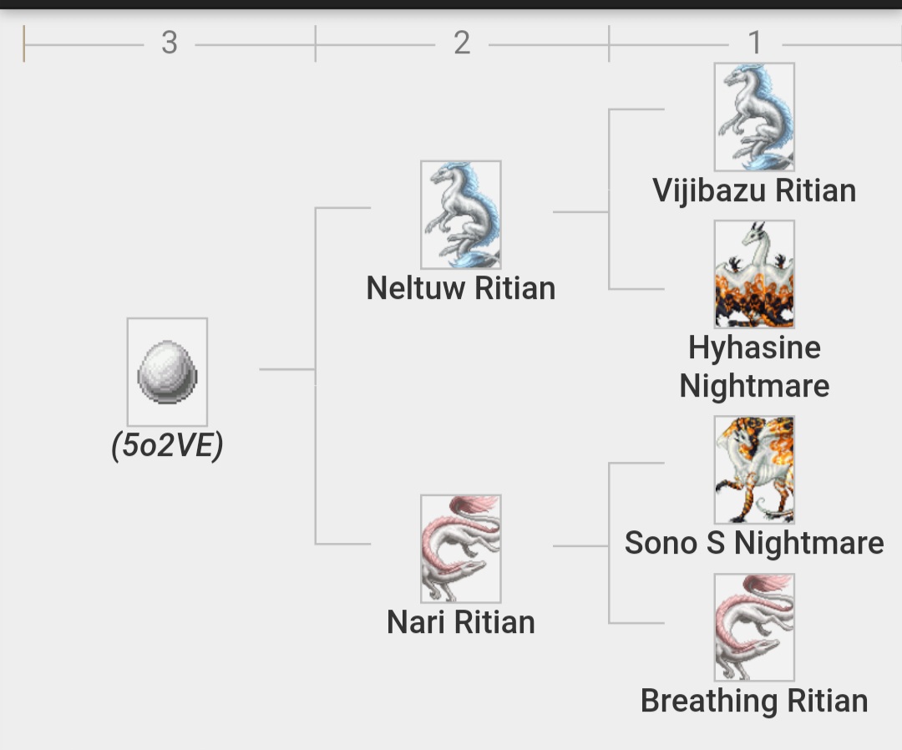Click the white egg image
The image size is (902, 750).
click(x=167, y=372)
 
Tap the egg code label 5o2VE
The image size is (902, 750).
click(x=167, y=446)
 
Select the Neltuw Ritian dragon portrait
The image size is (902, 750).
click(x=460, y=215)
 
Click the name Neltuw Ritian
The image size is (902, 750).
click(x=460, y=288)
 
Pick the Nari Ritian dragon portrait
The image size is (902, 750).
click(x=460, y=548)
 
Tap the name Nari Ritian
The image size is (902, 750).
click(x=460, y=622)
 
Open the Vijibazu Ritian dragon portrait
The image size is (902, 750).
click(x=754, y=117)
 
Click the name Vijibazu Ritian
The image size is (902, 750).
click(x=754, y=190)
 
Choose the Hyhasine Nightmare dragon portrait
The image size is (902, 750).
click(x=754, y=274)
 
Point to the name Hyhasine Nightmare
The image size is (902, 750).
click(x=754, y=367)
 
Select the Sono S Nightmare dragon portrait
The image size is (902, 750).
click(x=754, y=469)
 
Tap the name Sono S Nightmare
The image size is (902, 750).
click(x=754, y=543)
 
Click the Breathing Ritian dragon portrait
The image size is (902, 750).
click(x=754, y=626)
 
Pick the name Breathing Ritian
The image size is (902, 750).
click(x=754, y=701)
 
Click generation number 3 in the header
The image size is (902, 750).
click(x=170, y=43)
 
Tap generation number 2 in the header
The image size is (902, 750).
click(x=462, y=43)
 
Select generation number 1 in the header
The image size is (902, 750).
click(x=755, y=43)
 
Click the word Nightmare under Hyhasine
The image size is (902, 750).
click(x=754, y=387)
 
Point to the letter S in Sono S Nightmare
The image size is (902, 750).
click(x=715, y=543)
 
